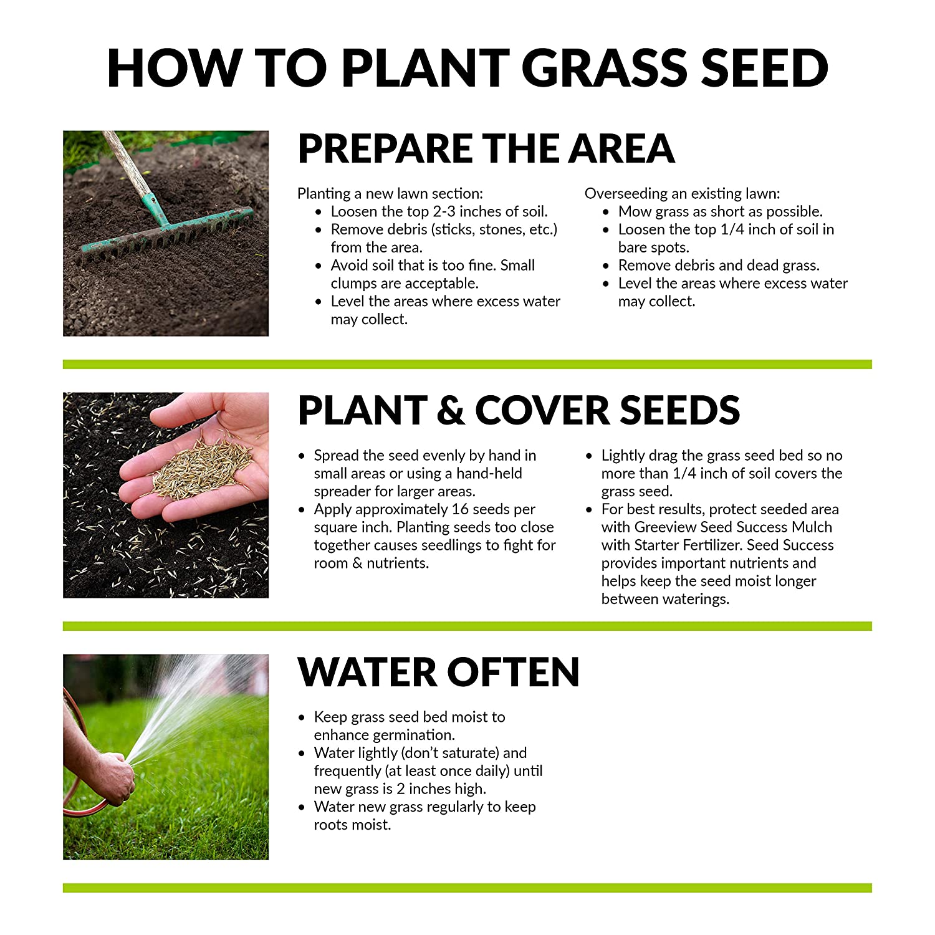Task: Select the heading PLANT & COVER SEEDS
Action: [x=519, y=410]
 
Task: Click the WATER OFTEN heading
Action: [x=439, y=672]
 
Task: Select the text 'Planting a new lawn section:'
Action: [x=390, y=194]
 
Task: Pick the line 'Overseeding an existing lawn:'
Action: [x=682, y=194]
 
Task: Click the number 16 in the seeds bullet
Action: [x=460, y=509]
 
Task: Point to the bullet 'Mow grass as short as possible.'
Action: [x=720, y=212]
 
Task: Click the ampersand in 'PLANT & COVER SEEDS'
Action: [x=451, y=411]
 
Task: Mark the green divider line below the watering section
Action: [x=467, y=888]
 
